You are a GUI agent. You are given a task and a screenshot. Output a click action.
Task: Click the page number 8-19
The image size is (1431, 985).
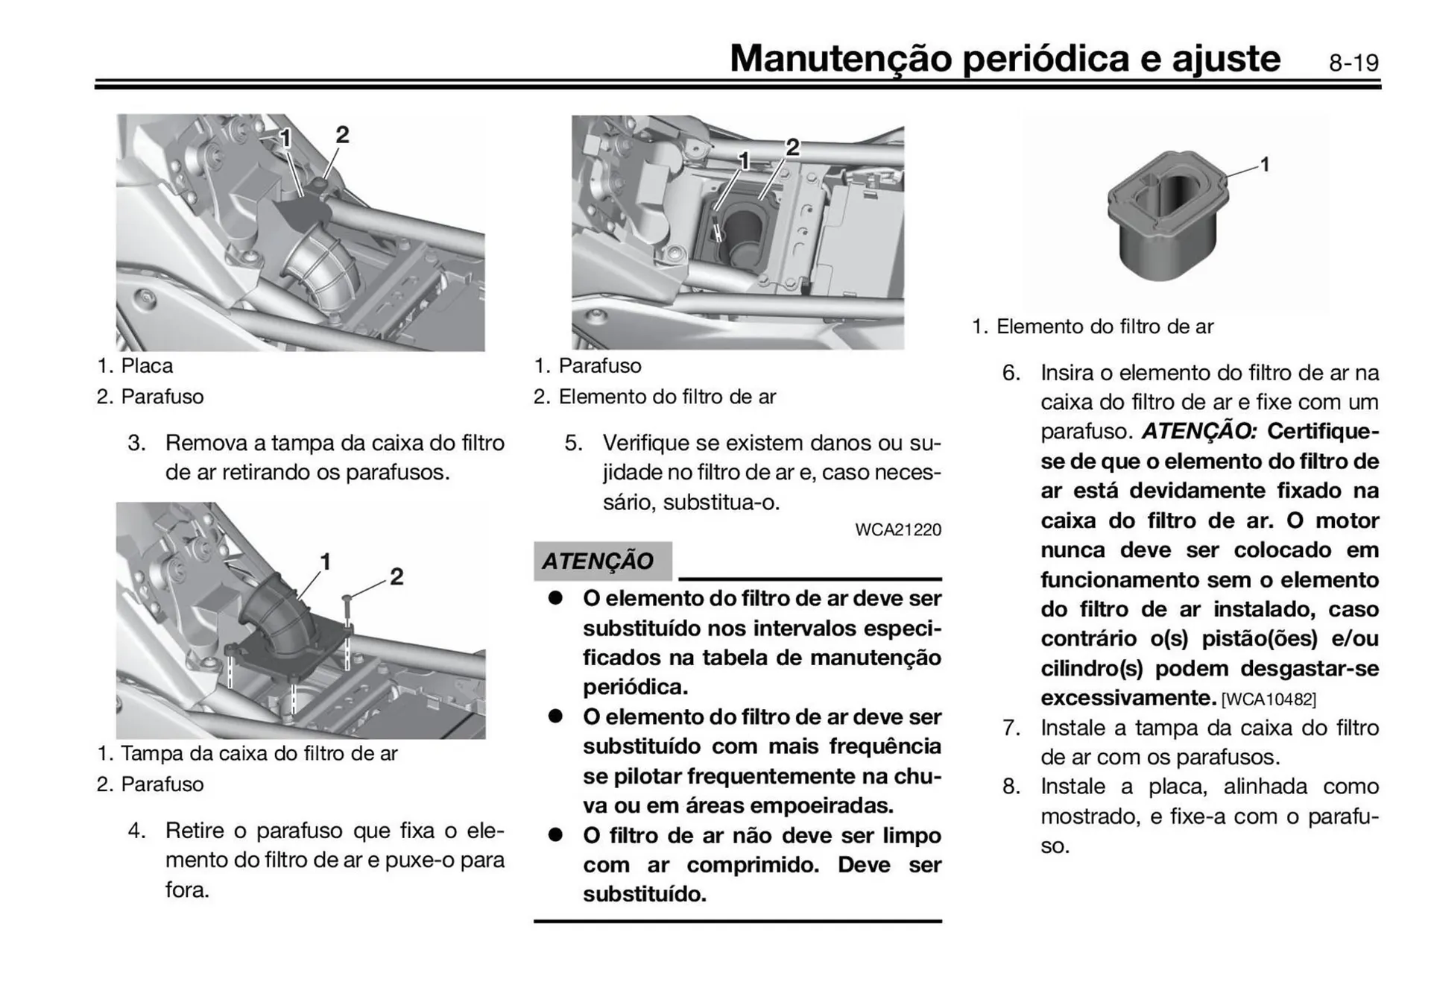point(1353,63)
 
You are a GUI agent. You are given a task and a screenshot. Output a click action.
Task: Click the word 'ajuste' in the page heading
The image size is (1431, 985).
point(1226,58)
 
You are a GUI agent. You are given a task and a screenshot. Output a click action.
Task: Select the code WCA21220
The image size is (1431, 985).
point(897,530)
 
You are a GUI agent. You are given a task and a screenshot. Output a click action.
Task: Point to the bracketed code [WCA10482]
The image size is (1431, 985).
point(1269,699)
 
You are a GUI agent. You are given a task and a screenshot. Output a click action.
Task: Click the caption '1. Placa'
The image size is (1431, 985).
point(135,366)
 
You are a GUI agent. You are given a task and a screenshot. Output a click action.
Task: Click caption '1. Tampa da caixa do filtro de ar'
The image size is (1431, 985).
point(247,754)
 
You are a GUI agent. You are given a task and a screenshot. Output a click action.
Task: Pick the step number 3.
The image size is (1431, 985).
point(136,443)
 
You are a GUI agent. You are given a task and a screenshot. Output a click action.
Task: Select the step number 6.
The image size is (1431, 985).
point(1011,373)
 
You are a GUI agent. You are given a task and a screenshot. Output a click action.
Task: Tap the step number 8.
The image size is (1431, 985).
point(1011,787)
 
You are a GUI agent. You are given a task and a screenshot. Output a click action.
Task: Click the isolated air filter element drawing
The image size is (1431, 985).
point(1167,216)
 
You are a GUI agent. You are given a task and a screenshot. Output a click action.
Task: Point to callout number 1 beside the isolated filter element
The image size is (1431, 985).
point(1265,164)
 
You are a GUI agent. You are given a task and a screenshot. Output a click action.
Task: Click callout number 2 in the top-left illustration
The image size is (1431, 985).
point(342,135)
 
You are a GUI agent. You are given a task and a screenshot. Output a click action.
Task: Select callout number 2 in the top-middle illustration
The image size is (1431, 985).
point(792,148)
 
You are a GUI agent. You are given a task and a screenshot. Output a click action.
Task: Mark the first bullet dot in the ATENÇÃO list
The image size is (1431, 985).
point(555,599)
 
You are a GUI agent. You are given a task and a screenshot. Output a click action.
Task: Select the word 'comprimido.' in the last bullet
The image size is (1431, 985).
point(752,865)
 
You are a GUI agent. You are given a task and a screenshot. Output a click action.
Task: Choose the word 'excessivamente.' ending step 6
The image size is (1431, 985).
point(1128,699)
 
